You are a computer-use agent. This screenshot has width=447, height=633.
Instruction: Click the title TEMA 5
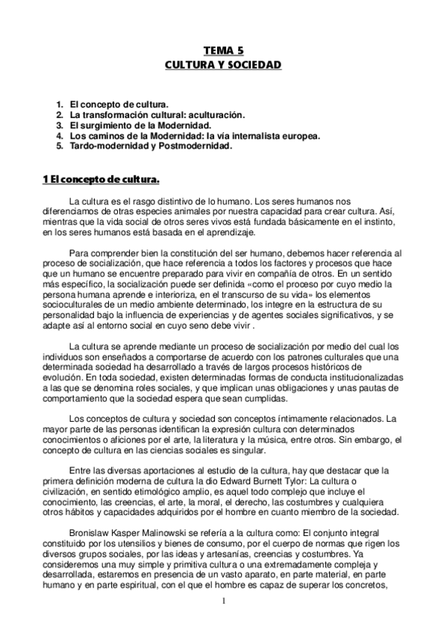point(223,51)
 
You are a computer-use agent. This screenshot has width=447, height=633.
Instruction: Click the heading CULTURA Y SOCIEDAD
point(223,66)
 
